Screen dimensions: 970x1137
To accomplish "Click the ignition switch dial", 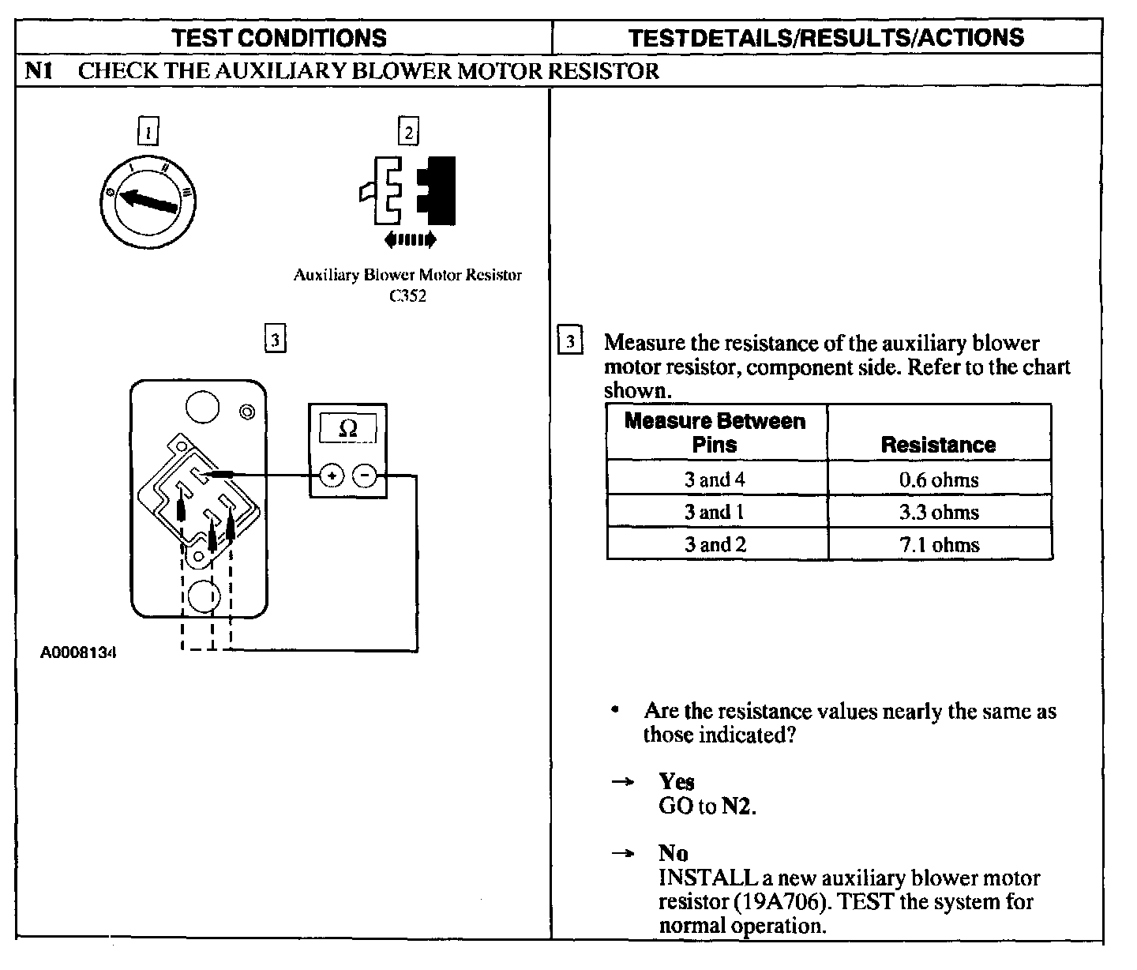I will [x=148, y=201].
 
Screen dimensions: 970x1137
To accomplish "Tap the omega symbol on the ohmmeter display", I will [x=347, y=428].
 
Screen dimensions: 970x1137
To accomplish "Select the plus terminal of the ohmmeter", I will [x=332, y=476].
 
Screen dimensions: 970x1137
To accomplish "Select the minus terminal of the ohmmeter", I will [x=364, y=476].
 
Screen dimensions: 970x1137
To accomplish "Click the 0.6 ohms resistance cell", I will [x=939, y=479].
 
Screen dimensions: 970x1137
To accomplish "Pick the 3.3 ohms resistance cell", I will [x=939, y=512].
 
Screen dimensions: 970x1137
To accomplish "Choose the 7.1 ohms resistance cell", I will [x=939, y=545].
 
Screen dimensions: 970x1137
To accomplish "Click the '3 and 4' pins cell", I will [x=715, y=479].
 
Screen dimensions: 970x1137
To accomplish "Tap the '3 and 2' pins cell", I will [x=715, y=545].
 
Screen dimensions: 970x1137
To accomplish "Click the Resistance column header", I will [x=938, y=445].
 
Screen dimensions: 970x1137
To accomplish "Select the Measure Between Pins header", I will [x=715, y=433].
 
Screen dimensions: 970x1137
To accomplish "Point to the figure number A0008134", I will [x=79, y=653].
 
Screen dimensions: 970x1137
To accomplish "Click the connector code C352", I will [x=408, y=297].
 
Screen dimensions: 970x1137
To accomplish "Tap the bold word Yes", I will [x=677, y=782].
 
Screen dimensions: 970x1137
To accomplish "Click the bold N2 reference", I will [x=737, y=806].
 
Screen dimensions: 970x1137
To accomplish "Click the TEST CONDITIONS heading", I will [x=280, y=37].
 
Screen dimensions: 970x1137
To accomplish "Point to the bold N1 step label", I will [x=39, y=71].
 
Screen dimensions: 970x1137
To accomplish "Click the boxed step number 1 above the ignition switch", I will [x=148, y=132].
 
